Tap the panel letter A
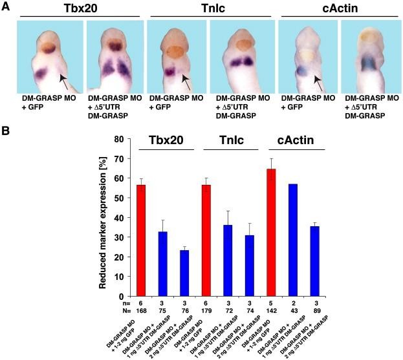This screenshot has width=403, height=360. click(6, 6)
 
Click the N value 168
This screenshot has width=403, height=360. click(140, 309)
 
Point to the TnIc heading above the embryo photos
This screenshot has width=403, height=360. click(207, 7)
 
